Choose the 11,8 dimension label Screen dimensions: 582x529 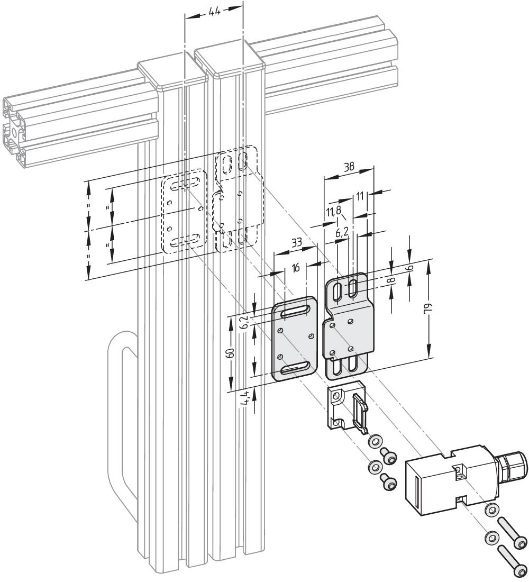334,212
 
